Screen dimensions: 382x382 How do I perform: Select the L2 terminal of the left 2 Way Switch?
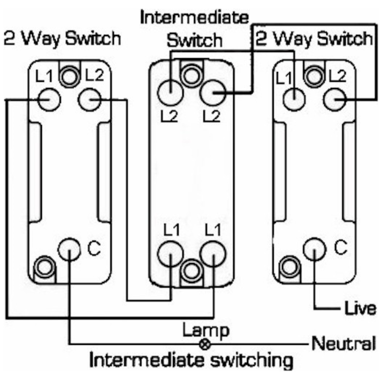click(x=90, y=100)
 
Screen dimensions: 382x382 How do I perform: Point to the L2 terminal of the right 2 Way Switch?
click(x=335, y=100)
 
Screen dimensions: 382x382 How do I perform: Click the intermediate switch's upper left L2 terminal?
click(x=171, y=92)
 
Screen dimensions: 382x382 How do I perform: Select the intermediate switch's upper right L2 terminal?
click(x=212, y=92)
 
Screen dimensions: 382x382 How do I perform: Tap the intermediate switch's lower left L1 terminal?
click(x=171, y=254)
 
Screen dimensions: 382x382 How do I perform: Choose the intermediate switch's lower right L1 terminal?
click(x=211, y=254)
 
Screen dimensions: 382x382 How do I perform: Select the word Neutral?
click(x=343, y=343)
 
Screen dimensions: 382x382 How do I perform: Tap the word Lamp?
click(x=205, y=330)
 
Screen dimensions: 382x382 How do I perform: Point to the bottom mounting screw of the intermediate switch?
click(x=191, y=272)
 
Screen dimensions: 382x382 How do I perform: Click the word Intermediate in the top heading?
click(x=194, y=18)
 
